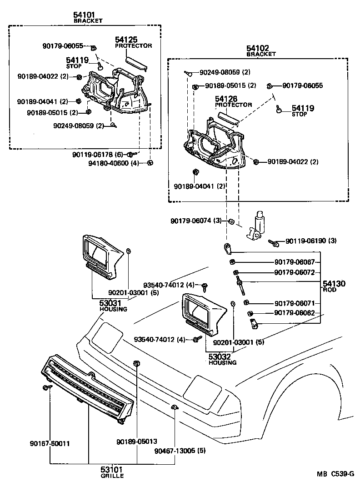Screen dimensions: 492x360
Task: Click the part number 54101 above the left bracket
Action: [x=85, y=15]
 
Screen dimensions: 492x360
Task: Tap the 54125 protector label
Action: [x=126, y=40]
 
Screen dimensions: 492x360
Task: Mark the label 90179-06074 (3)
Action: [x=196, y=221]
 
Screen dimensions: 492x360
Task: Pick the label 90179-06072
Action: [x=295, y=272]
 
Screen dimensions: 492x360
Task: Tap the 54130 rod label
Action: [x=334, y=284]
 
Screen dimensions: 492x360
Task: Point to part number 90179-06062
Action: [x=295, y=313]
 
